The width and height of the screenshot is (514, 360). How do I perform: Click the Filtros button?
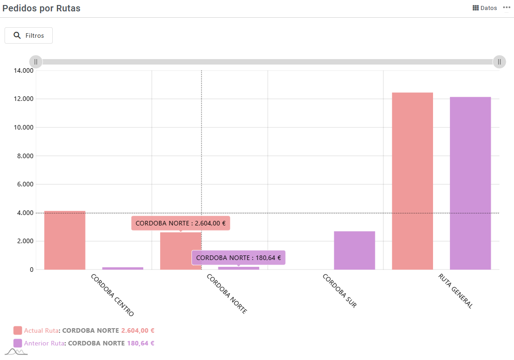[29, 35]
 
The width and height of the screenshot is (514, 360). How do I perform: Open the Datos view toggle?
[485, 8]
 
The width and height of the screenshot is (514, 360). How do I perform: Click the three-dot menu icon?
[507, 8]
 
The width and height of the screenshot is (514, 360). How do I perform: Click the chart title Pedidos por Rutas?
[41, 8]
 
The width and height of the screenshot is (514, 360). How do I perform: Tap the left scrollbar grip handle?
[36, 62]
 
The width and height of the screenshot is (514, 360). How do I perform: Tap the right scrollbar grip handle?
[499, 62]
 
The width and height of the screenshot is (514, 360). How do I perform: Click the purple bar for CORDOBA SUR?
[354, 250]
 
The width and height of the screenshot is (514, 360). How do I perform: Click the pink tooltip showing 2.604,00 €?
[181, 223]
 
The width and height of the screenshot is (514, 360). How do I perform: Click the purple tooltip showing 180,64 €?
[238, 258]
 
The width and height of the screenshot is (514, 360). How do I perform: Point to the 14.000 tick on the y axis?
[24, 70]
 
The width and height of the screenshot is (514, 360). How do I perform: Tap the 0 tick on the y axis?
[31, 270]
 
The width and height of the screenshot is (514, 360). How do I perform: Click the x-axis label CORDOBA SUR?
[339, 291]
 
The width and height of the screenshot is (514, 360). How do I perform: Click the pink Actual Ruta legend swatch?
[18, 330]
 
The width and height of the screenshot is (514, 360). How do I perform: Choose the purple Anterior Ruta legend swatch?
[18, 343]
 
